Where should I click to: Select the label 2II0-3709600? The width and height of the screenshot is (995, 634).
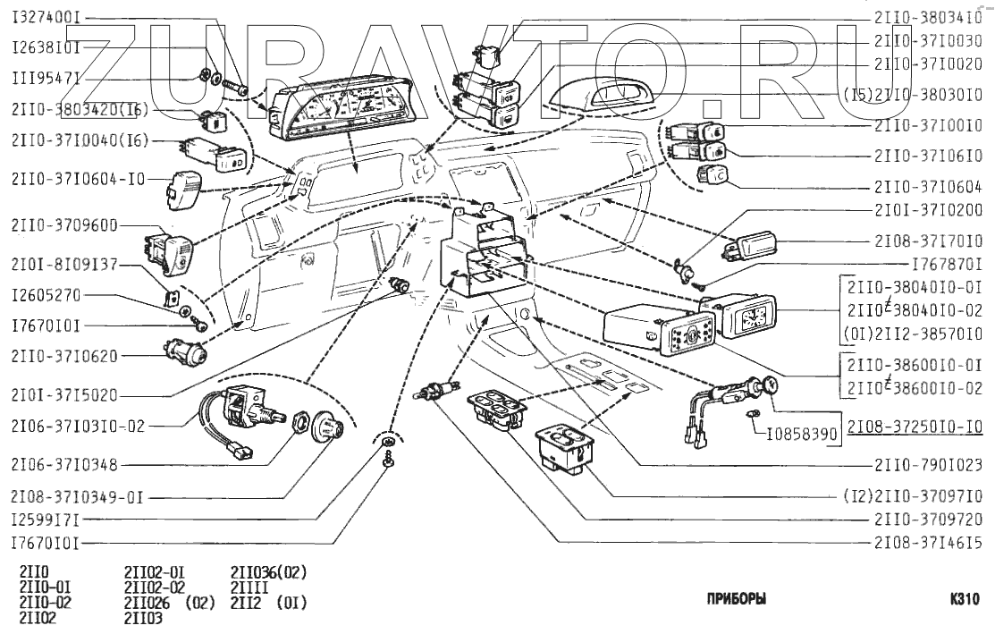coord(65,225)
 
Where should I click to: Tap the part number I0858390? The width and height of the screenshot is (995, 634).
coord(802,434)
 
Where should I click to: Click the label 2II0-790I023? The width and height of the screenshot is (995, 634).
coord(929,465)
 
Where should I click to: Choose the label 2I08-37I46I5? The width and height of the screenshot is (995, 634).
coord(929,542)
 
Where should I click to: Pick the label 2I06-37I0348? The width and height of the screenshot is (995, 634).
coord(65,464)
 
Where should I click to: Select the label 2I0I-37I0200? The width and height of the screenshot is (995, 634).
coord(929,212)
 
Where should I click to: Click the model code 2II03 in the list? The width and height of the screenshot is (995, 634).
coord(144,617)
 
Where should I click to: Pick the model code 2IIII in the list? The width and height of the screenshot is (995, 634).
coord(249,588)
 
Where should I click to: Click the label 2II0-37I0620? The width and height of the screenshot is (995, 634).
coord(65,355)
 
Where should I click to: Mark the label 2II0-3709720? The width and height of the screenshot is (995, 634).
coord(929,518)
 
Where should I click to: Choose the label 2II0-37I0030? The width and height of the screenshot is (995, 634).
coord(929,40)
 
